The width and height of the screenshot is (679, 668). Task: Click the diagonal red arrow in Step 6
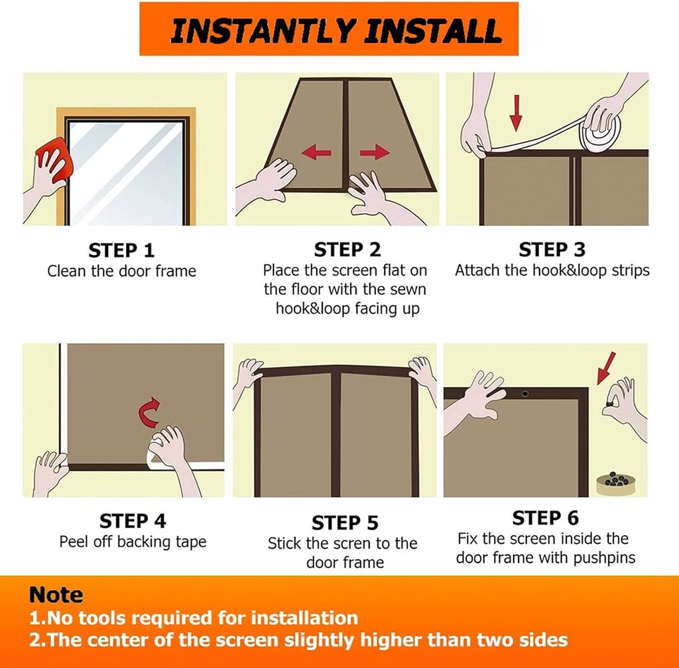(606, 368)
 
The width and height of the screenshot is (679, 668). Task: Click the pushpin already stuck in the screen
(525, 393)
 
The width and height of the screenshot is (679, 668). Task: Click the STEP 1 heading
(121, 250)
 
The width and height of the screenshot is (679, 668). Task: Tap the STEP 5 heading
(345, 523)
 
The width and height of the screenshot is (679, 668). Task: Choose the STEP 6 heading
(545, 518)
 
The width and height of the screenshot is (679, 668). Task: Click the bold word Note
(56, 594)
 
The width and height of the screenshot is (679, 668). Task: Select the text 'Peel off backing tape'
(133, 541)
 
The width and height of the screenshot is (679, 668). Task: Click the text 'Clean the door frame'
(121, 271)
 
